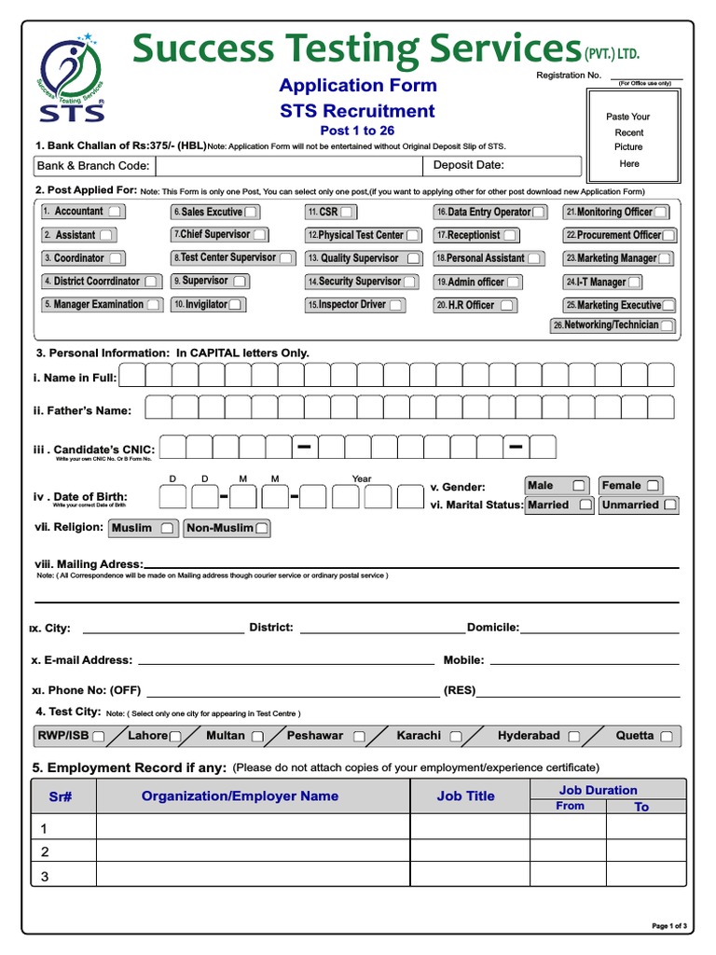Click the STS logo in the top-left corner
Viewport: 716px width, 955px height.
click(x=72, y=79)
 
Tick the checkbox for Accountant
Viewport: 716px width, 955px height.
click(x=114, y=212)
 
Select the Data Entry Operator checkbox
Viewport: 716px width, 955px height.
click(x=539, y=213)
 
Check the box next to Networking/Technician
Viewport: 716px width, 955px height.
click(x=667, y=325)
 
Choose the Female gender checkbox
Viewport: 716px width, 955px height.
click(x=653, y=486)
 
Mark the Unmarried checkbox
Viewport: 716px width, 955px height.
click(x=669, y=505)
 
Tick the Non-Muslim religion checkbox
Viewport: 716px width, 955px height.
click(x=262, y=528)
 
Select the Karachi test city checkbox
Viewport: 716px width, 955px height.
click(x=455, y=736)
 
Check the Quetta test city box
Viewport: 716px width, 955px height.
click(x=667, y=736)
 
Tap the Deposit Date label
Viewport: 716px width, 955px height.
click(x=468, y=166)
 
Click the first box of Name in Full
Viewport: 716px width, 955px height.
click(x=132, y=376)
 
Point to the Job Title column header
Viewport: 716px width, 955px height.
click(x=465, y=796)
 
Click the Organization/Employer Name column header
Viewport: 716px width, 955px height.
click(x=240, y=796)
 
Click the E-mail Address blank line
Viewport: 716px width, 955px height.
click(x=285, y=660)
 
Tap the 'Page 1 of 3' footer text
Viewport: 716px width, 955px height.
click(x=669, y=925)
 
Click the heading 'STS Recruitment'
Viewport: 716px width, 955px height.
click(x=358, y=111)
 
